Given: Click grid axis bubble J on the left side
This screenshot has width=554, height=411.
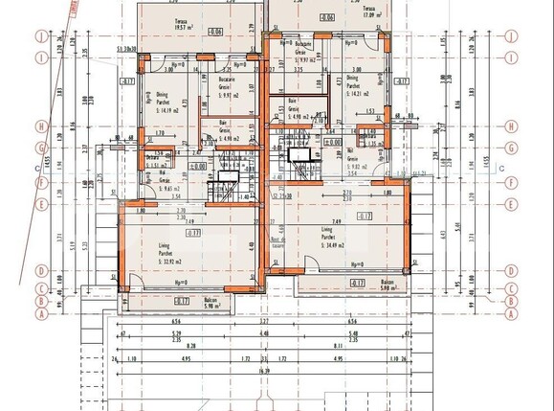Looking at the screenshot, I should click(40, 38).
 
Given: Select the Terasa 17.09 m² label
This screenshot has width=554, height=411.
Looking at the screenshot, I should click(361, 13).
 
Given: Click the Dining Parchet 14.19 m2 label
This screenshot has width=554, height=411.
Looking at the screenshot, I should click(157, 103).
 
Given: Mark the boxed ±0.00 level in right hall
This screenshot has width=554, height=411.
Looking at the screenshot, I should click(332, 141).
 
